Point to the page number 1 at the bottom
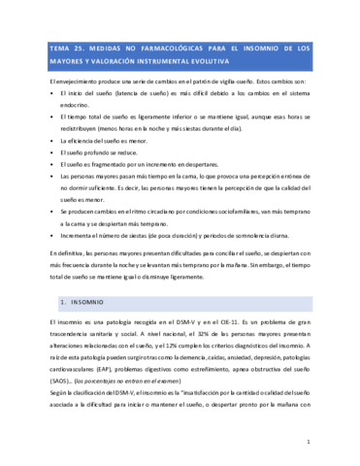(308, 442)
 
